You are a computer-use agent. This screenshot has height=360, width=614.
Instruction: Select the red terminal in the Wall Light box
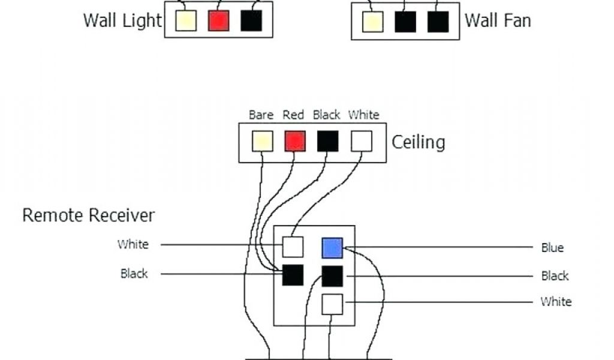coord(218,21)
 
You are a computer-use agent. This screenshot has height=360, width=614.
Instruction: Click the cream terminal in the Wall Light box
coord(186,21)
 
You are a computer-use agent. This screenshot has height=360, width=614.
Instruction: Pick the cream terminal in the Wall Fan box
coord(372,22)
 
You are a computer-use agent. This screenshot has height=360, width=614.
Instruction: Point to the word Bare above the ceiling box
coord(261,115)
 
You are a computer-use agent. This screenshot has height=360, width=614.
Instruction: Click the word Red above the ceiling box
coord(294,115)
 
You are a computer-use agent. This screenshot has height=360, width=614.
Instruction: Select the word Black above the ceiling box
coord(326,115)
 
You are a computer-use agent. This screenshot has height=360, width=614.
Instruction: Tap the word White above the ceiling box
coord(363,115)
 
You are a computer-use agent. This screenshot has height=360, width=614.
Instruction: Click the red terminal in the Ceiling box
coord(294,142)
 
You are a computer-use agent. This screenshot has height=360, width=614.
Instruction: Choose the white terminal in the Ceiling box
coord(361,142)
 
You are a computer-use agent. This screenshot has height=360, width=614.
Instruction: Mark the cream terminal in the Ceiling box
coord(262,142)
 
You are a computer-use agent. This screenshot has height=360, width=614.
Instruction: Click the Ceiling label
coord(419,142)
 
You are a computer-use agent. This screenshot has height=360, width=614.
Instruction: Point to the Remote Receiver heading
coord(88,215)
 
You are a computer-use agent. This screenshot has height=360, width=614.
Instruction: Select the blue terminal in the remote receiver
coord(332,248)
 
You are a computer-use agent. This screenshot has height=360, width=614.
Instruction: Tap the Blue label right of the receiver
coord(552,248)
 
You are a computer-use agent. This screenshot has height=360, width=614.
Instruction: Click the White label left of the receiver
coord(133,244)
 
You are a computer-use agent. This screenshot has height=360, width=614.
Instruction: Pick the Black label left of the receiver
coord(134,274)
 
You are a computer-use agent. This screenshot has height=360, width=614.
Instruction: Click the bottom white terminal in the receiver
coord(332,304)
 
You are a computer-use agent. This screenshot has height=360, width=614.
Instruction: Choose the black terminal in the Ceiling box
coord(327,142)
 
